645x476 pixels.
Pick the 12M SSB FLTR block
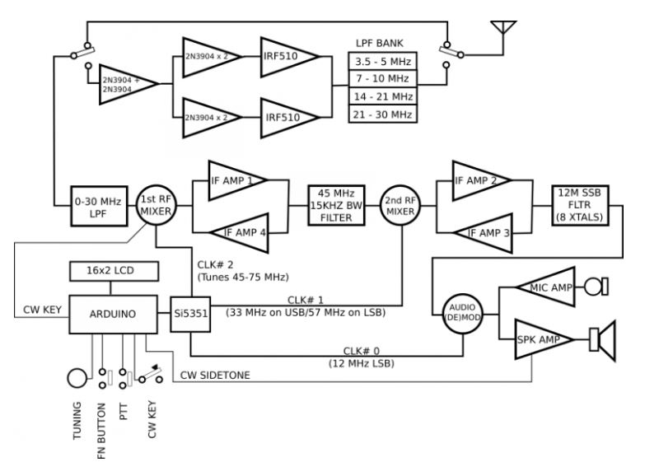[582, 203]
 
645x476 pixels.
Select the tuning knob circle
[77, 378]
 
